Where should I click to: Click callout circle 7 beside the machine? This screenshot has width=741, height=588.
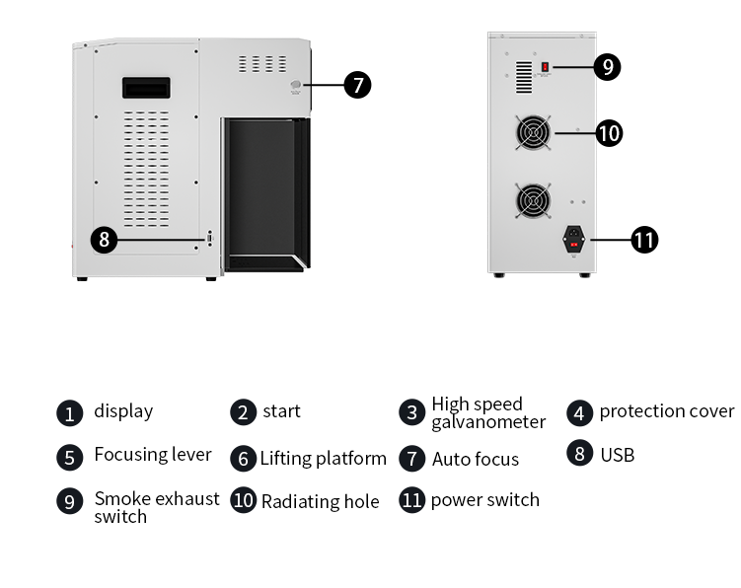tap(357, 85)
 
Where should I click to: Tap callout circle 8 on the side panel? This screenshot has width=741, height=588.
tap(105, 239)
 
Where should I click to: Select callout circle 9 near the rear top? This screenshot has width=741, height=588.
tap(608, 67)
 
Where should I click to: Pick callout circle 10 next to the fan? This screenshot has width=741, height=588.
tap(610, 132)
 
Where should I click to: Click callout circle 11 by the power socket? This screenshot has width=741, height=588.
tap(644, 240)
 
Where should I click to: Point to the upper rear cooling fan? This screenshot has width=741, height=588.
tap(534, 133)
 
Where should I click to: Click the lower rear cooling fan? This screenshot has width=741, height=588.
tap(534, 201)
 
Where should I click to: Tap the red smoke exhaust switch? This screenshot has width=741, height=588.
tap(545, 67)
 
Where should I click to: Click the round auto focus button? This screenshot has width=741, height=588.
tap(295, 86)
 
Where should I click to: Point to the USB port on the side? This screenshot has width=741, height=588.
tap(209, 239)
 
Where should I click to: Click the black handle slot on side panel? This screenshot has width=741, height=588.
tap(146, 88)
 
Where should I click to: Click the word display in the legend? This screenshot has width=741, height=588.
tap(123, 411)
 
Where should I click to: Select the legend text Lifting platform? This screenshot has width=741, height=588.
tap(324, 459)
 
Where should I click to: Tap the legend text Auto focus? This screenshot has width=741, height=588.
tap(476, 459)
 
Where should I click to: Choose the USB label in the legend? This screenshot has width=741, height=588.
tap(617, 455)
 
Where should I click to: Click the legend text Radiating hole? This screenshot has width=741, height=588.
tap(320, 501)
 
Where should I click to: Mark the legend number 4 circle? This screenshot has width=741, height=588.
tap(580, 412)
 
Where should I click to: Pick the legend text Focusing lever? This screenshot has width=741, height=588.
tap(153, 455)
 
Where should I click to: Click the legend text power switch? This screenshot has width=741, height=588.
tap(485, 500)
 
